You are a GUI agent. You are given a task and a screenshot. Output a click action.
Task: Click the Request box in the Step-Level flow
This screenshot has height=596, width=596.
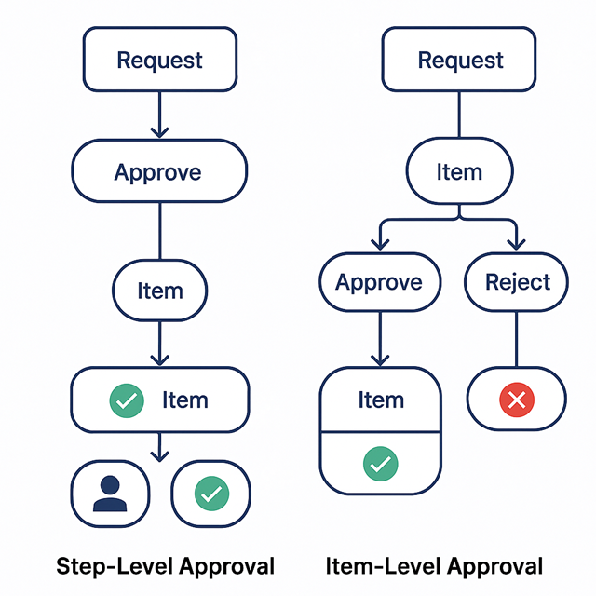click(159, 61)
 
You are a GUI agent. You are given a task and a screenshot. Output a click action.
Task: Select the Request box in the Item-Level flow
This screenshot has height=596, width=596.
click(460, 61)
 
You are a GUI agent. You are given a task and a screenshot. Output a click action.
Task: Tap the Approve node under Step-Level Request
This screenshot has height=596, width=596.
click(159, 172)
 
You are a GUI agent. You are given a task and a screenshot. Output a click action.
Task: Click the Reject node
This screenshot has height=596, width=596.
click(518, 282)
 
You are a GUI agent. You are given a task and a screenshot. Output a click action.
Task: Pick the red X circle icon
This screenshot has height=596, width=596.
click(518, 400)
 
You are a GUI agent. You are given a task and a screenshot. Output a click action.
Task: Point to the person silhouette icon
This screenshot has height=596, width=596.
click(110, 493)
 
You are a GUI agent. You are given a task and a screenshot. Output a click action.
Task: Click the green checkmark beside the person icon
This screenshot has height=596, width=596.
click(210, 493)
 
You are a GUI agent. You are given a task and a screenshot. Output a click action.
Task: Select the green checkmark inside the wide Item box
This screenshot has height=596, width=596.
click(127, 400)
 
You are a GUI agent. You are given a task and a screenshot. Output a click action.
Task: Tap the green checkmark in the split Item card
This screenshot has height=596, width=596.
click(380, 462)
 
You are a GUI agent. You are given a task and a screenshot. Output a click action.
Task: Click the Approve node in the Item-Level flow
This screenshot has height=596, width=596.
click(379, 282)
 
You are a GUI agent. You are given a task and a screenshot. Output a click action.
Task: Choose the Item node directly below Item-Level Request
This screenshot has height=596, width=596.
click(460, 172)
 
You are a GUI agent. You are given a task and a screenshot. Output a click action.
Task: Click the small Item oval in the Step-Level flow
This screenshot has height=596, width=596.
click(159, 291)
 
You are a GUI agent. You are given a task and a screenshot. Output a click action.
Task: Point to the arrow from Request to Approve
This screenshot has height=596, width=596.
click(159, 115)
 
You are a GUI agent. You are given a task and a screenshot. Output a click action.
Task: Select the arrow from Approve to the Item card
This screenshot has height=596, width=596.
click(379, 339)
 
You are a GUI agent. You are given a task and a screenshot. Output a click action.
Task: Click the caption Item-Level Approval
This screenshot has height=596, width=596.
click(434, 565)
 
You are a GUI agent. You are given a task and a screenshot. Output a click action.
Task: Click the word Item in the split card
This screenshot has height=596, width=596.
click(380, 400)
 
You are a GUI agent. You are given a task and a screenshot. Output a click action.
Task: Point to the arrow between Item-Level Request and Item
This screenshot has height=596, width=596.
click(460, 115)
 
